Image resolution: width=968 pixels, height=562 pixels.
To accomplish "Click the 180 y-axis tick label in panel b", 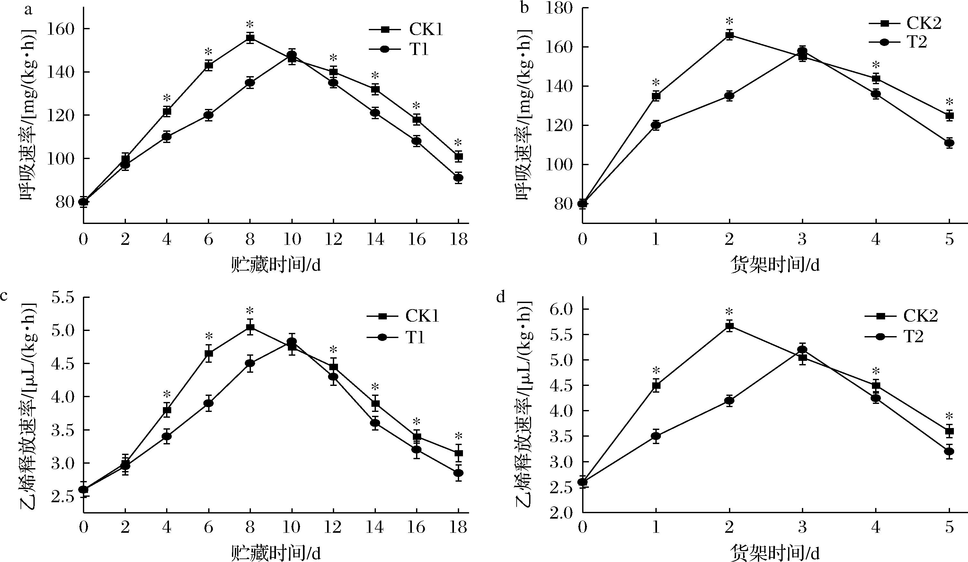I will tap(559, 8).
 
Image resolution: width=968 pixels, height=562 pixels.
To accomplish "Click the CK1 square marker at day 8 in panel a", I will tap(250, 38).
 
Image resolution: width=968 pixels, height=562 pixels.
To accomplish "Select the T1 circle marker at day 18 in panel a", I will tap(458, 177).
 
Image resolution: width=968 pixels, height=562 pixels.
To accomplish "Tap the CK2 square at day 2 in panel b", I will tap(729, 35).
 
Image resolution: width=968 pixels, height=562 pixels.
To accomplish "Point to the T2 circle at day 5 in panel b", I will tap(949, 143).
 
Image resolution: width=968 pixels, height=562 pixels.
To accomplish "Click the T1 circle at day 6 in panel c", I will tap(209, 403).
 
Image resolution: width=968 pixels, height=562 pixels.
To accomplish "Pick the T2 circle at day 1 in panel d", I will tap(656, 436).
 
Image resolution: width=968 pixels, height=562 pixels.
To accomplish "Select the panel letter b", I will tap(524, 8).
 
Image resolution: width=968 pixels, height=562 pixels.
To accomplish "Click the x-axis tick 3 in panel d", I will tap(803, 527).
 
